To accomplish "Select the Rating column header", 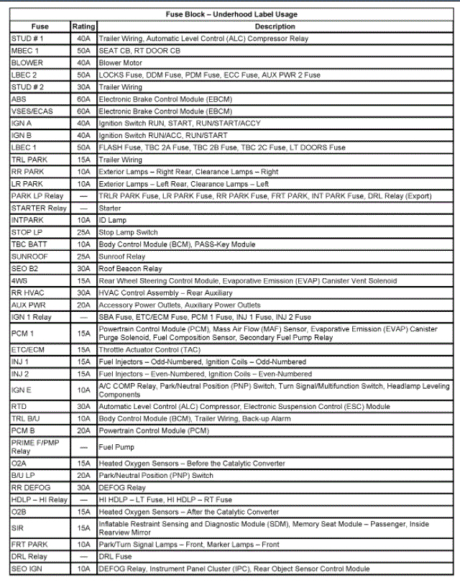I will coord(83,27).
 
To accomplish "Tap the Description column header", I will coord(274,27).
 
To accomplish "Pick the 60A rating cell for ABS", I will coord(83,99).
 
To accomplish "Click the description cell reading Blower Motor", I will coord(120,63).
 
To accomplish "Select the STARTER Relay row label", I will coord(39,208).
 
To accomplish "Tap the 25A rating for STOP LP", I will coord(83,232).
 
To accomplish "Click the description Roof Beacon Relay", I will coord(129,268).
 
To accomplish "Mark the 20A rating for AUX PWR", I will coord(83,305).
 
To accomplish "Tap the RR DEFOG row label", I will coord(31,487).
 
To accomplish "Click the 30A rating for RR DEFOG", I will coord(83,487).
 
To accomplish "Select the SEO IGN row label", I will coord(27,569).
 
